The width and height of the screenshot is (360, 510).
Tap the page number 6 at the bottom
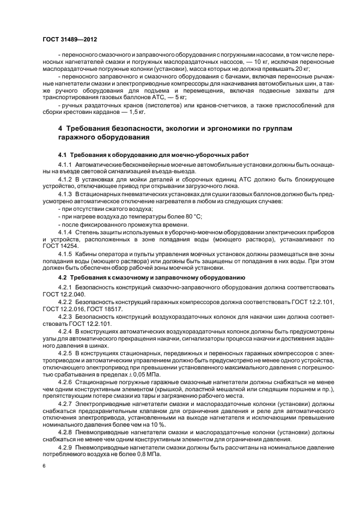pyautogui.click(x=44, y=466)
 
